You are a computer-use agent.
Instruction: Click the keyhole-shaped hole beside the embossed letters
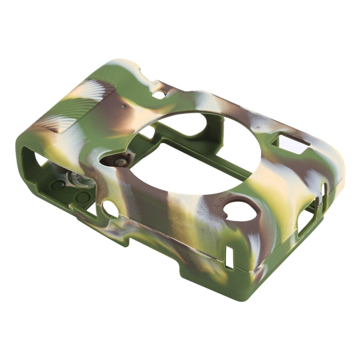240,211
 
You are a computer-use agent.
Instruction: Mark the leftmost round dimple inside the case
58,185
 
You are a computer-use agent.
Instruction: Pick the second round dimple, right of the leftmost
83,197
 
